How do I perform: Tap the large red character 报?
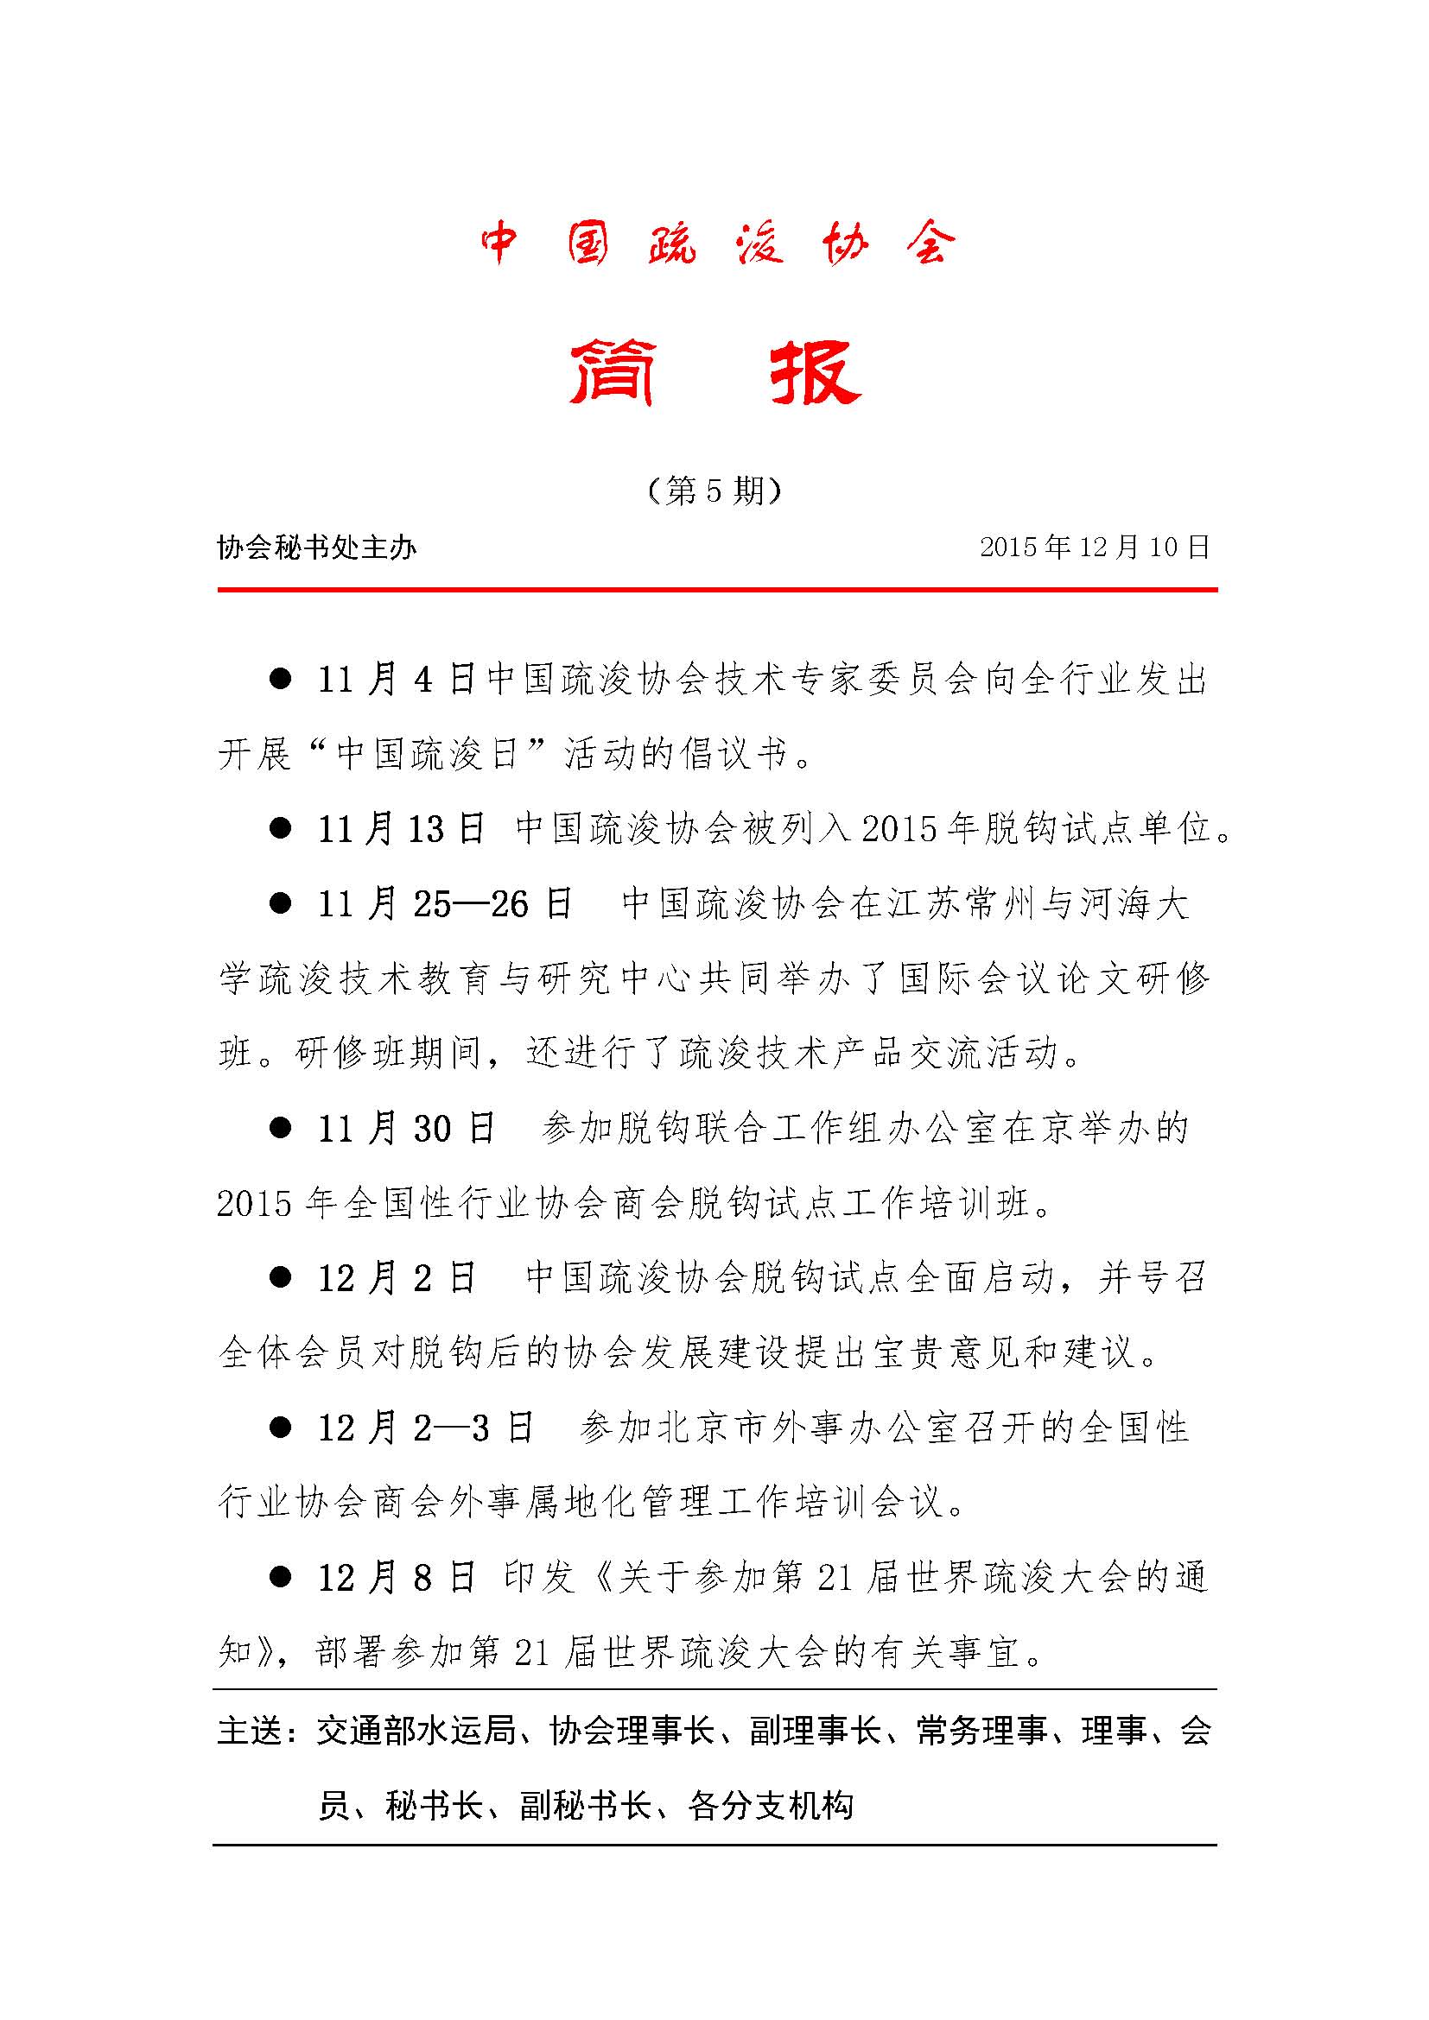point(815,373)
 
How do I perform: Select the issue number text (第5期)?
point(714,490)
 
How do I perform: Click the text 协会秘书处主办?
point(317,548)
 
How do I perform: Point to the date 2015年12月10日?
point(1095,548)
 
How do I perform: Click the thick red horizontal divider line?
point(717,590)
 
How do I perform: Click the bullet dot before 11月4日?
point(280,679)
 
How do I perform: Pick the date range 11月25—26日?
point(445,903)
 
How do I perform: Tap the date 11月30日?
point(408,1129)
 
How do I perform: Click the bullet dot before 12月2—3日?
point(280,1427)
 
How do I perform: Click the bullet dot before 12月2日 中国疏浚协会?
point(280,1277)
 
